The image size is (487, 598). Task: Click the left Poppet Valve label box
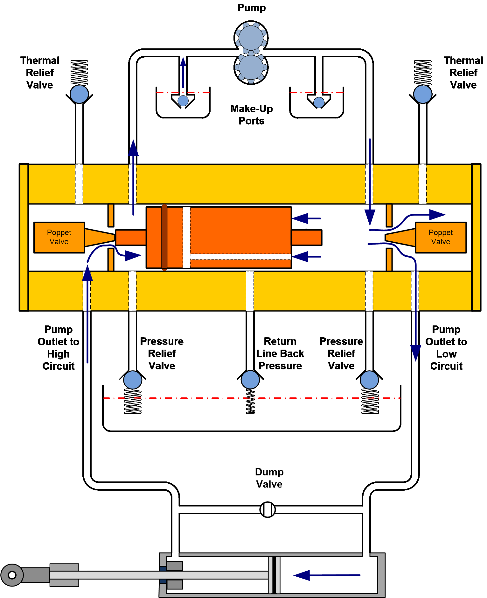[59, 237]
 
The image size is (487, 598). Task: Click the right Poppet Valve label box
[441, 237]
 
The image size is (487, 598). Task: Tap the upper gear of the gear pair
[251, 38]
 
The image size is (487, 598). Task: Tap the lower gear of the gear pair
[251, 68]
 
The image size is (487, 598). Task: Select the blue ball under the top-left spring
[79, 94]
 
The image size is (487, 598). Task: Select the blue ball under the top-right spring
[423, 94]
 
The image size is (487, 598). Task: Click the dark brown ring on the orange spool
[164, 237]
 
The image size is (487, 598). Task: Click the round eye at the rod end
[12, 575]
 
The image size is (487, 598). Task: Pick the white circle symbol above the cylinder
[268, 509]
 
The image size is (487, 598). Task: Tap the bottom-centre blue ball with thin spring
[250, 380]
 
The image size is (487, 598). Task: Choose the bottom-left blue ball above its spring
[133, 380]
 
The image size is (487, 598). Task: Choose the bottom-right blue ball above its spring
[369, 380]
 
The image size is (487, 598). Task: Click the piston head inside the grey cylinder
[274, 575]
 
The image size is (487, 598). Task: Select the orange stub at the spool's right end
[306, 237]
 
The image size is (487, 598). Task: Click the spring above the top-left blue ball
[79, 73]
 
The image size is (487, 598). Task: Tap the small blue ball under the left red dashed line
[183, 101]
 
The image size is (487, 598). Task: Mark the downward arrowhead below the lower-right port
[416, 353]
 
